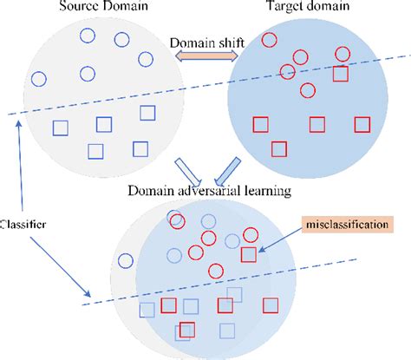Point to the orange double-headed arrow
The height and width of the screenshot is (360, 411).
[x=205, y=56]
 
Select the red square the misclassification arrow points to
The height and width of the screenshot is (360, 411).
[x=250, y=255]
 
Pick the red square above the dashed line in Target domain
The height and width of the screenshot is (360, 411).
[x=342, y=75]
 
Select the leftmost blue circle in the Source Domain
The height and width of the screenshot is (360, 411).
[x=38, y=78]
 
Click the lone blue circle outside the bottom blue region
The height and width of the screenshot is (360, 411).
[x=125, y=259]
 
